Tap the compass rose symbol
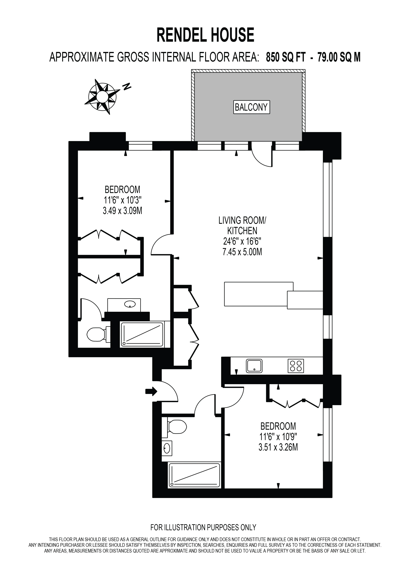102,96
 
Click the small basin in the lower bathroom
167,448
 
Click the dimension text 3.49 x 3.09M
123,211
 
